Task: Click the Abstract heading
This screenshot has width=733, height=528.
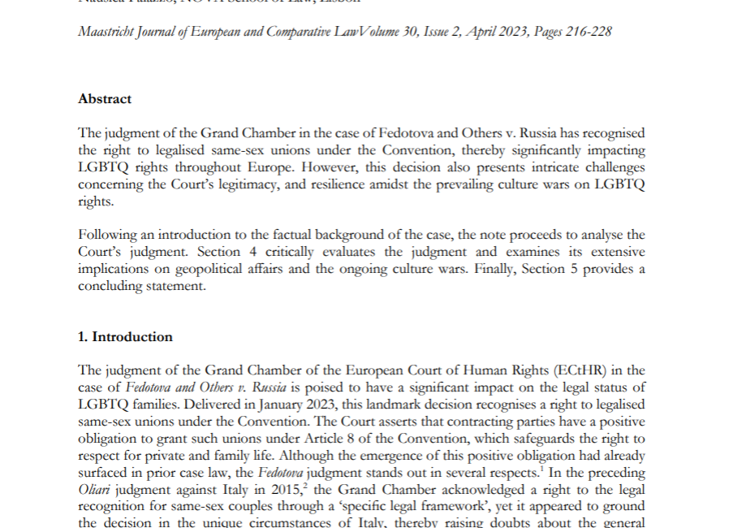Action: tap(105, 99)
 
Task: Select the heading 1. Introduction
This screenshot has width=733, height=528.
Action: tap(125, 337)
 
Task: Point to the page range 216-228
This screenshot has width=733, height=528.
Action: tap(585, 32)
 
